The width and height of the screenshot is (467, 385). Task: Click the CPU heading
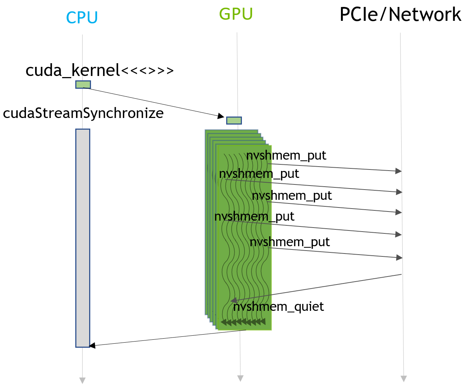click(82, 18)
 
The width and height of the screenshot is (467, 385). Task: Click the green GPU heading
click(236, 14)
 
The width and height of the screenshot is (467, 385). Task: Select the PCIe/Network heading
click(400, 15)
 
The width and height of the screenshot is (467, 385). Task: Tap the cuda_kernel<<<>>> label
click(99, 70)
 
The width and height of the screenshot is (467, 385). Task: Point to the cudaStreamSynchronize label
click(83, 113)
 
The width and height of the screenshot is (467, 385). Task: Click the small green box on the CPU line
click(83, 85)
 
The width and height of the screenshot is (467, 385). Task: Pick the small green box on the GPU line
click(234, 121)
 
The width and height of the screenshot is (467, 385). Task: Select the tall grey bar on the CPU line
click(83, 238)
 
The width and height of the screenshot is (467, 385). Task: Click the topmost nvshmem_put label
click(286, 156)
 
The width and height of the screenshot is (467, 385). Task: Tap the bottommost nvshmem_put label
click(290, 242)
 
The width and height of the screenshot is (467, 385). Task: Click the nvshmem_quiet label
click(278, 306)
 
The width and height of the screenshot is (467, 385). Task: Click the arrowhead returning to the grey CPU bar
click(92, 345)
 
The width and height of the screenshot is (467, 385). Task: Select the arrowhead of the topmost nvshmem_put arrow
click(398, 171)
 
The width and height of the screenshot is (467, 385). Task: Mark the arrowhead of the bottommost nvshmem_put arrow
click(399, 258)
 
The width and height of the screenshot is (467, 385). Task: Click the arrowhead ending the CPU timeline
click(83, 380)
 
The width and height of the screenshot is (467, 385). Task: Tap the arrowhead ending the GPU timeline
click(240, 378)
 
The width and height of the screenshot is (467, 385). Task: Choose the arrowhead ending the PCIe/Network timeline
click(403, 378)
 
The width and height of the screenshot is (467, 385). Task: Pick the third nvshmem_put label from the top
click(292, 196)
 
